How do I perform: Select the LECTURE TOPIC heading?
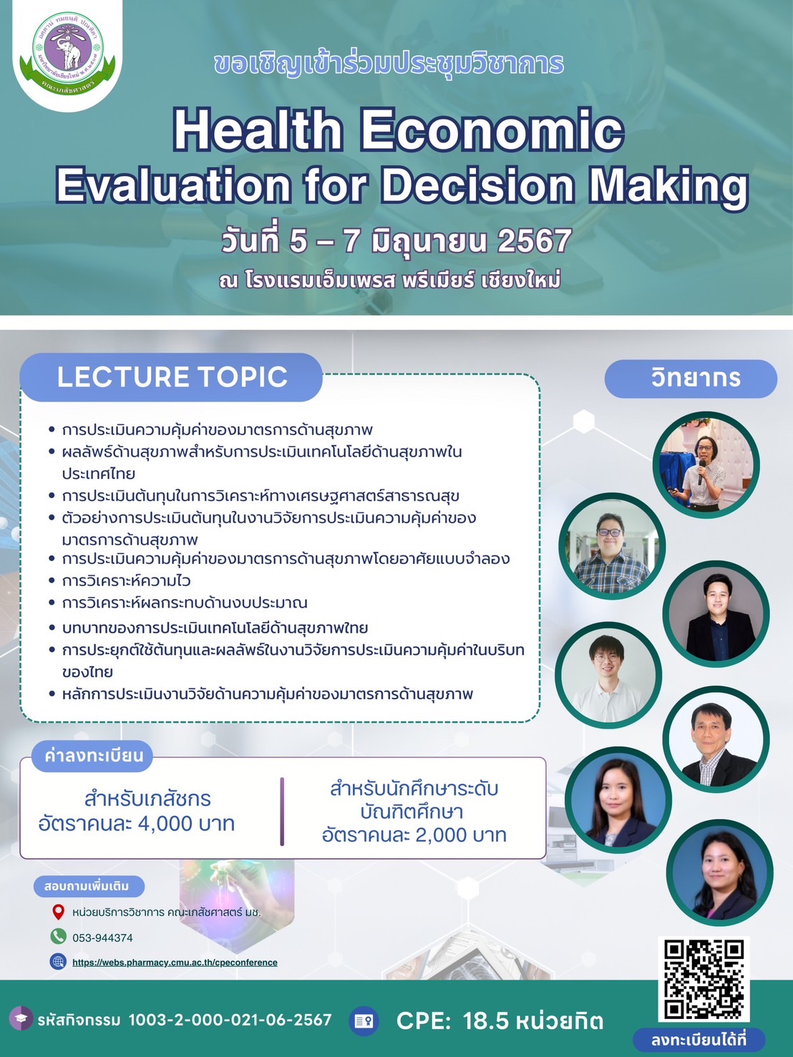tap(172, 376)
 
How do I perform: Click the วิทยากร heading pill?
tap(691, 379)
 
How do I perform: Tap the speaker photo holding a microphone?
tap(706, 464)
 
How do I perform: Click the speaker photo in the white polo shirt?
tap(608, 675)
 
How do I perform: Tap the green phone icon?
tap(58, 935)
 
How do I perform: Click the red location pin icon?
tap(58, 912)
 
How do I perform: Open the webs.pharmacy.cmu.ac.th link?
tap(175, 962)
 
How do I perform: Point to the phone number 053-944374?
tap(102, 937)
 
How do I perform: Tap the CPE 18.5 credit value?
tap(500, 1021)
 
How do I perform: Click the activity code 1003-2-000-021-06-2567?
tap(230, 1020)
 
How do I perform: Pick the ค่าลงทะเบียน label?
tap(94, 756)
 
